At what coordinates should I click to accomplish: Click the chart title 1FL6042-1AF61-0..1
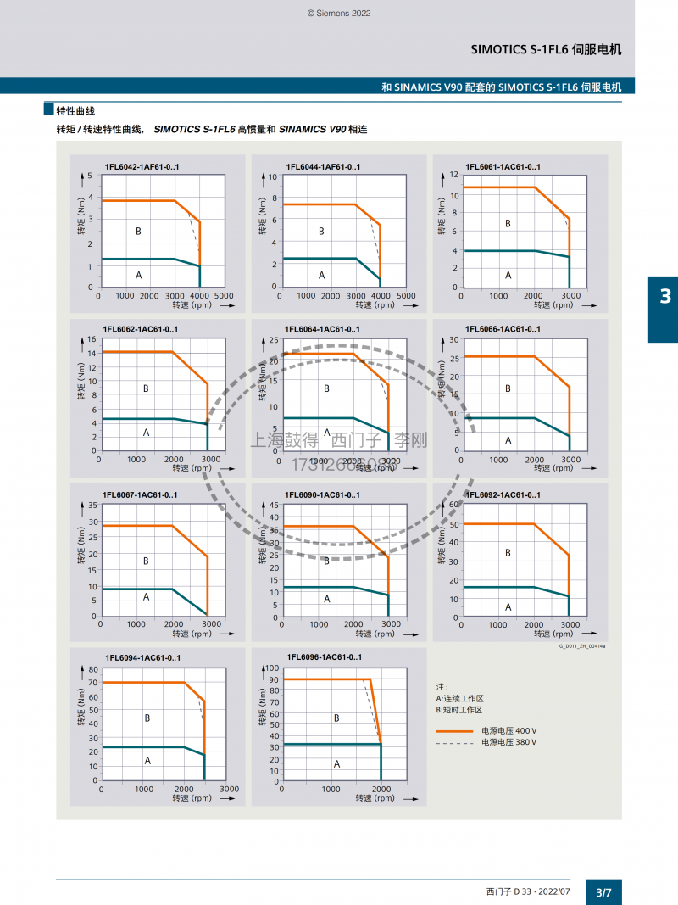(x=142, y=167)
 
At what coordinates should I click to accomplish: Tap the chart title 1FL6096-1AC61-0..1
(x=325, y=657)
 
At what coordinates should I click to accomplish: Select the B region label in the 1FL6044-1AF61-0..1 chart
(x=321, y=231)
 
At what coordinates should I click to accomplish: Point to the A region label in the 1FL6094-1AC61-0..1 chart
(x=147, y=761)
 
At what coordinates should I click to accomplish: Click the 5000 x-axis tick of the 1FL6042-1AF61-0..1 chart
(x=225, y=296)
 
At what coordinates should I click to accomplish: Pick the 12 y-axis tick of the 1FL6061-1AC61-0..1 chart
(x=454, y=175)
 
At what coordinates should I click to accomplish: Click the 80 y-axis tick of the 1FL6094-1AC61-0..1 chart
(x=92, y=670)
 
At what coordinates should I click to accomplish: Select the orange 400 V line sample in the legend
(x=454, y=731)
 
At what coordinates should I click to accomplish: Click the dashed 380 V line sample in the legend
(x=454, y=742)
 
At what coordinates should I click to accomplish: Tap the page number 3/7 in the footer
(x=603, y=892)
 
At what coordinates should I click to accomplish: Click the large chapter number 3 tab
(x=664, y=296)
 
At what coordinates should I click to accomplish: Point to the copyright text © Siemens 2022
(x=339, y=14)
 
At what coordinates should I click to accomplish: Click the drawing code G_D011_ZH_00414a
(x=587, y=646)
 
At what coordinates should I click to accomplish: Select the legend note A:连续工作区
(x=458, y=698)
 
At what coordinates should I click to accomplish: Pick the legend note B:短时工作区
(x=458, y=709)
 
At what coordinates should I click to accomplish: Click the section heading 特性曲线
(x=75, y=111)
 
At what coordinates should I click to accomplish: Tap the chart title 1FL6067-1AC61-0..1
(x=140, y=495)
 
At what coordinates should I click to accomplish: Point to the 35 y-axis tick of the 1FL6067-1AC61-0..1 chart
(x=93, y=506)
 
